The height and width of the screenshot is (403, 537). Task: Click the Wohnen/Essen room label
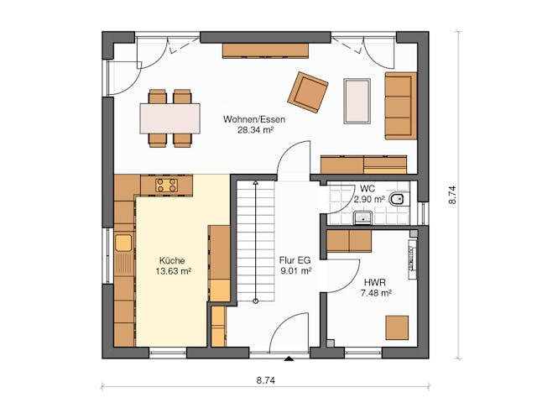click(x=254, y=120)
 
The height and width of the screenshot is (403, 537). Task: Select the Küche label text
click(x=171, y=260)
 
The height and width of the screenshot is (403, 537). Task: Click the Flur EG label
click(x=295, y=260)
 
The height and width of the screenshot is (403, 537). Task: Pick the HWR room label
click(x=375, y=282)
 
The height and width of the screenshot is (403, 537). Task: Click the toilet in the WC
click(x=399, y=200)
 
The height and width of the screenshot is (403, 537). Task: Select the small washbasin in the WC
click(x=363, y=218)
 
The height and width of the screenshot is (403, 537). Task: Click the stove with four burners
click(x=166, y=185)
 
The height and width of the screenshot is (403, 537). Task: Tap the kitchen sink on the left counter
click(x=123, y=243)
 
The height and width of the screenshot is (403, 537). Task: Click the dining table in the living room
click(x=170, y=118)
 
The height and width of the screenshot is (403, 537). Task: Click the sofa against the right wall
click(x=400, y=105)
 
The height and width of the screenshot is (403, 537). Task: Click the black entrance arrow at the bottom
click(x=289, y=360)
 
